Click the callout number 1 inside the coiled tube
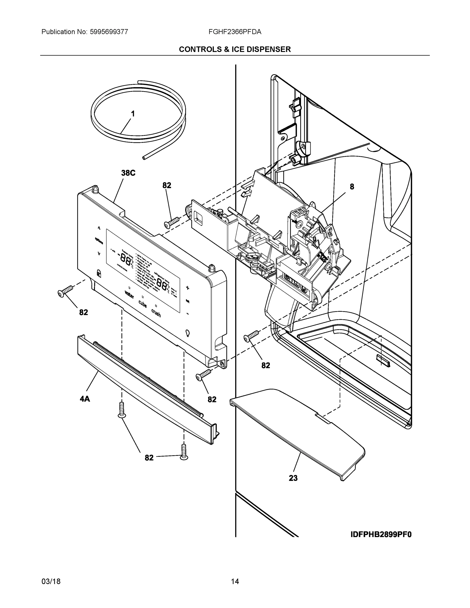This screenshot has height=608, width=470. coord(133,114)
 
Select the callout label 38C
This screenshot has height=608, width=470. coord(128,173)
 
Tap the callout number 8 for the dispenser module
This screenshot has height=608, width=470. coord(352,187)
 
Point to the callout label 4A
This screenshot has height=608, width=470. coord(85,399)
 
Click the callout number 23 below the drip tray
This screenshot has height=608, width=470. coord(293,478)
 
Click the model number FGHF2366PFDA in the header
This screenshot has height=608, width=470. coord(235,32)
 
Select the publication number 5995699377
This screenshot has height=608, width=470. coord(109,32)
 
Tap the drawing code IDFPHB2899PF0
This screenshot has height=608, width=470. coord(381,535)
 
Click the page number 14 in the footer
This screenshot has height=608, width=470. coord(235,582)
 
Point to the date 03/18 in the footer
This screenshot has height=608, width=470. coord(51,582)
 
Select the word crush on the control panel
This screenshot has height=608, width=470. coord(156,313)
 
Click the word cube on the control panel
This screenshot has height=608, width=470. coord(143,304)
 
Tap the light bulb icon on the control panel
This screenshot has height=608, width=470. coord(187,333)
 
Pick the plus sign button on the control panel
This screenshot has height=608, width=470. coord(187,288)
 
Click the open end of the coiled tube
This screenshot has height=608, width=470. coord(144,158)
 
